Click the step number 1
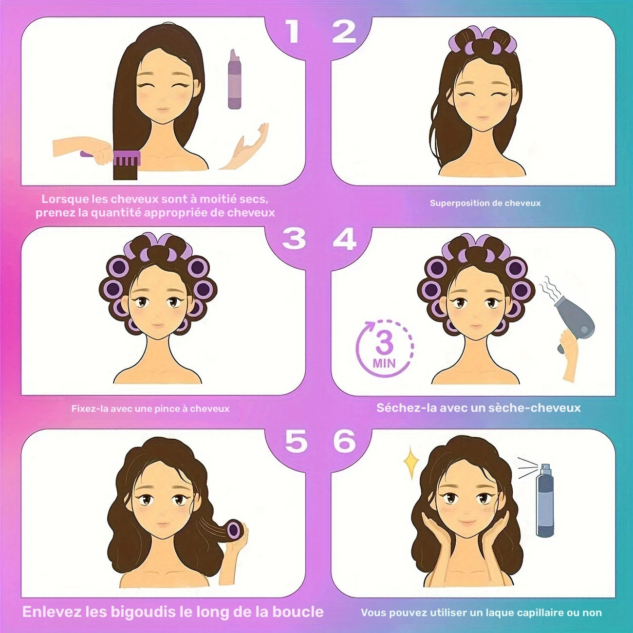(x=293, y=32)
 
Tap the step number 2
(x=344, y=32)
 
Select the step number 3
(x=294, y=239)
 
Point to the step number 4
(x=344, y=239)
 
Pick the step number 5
(x=296, y=441)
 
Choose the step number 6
(x=344, y=441)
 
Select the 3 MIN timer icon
(x=384, y=348)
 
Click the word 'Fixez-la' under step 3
(x=84, y=409)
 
